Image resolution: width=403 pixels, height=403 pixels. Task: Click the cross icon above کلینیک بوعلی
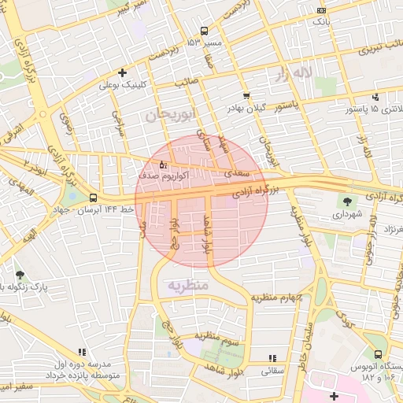point(121,72)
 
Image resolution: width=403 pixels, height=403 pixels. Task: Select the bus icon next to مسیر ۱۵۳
point(204,31)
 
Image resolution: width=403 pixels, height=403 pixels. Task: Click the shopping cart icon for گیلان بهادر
point(247,96)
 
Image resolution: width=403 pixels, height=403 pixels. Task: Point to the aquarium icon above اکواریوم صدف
point(163,165)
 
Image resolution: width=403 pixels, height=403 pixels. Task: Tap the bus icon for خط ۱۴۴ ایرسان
point(94,198)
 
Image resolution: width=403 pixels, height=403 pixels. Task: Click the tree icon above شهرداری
point(347,201)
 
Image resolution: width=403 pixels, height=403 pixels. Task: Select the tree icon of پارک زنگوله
point(20,275)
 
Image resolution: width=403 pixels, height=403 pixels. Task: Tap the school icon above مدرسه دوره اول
point(80,353)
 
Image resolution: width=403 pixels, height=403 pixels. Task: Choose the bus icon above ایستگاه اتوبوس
point(379,354)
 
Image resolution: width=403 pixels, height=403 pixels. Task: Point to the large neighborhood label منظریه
point(187,284)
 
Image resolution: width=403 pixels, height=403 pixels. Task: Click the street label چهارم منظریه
point(277,297)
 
